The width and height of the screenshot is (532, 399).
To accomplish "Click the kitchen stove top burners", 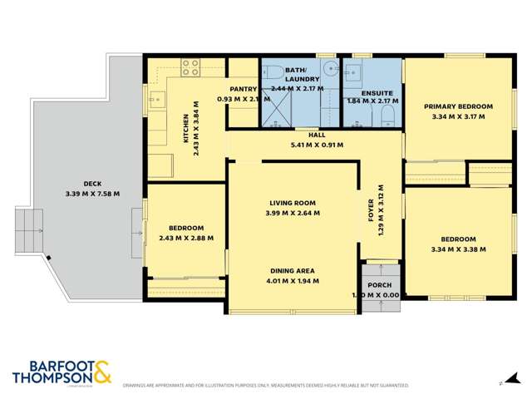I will click(x=190, y=66).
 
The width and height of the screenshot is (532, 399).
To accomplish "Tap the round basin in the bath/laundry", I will click(x=328, y=71).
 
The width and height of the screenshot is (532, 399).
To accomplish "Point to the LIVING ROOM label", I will click(x=292, y=202).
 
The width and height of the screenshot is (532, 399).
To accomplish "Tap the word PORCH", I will click(x=380, y=285).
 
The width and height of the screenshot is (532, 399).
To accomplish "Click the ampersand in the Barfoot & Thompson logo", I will click(x=102, y=373).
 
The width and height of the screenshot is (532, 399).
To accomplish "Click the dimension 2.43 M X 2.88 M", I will click(x=185, y=237).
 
